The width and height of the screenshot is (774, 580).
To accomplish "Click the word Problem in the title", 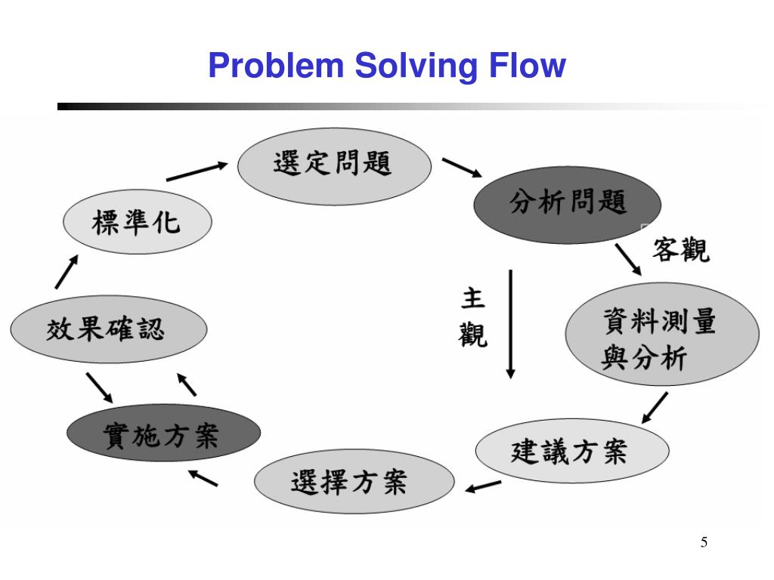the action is click(276, 65).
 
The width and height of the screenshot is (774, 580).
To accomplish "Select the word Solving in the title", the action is click(416, 66).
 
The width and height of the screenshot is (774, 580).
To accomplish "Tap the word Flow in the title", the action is click(527, 65).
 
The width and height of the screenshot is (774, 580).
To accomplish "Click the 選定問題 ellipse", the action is click(334, 166).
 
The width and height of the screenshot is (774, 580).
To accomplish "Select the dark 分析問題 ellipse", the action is click(567, 205).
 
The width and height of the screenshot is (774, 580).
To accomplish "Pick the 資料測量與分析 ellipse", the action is click(662, 334).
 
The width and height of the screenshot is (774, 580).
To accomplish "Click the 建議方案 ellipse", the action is click(572, 451).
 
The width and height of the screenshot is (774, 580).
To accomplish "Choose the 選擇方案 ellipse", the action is click(354, 481).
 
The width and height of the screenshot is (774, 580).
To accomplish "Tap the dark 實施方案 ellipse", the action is click(163, 433).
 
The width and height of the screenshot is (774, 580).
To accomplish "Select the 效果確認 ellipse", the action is click(109, 329).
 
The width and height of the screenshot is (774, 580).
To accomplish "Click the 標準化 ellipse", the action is click(138, 221).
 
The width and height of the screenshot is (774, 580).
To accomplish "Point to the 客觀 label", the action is click(681, 249).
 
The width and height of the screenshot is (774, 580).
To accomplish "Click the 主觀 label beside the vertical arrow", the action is click(472, 318).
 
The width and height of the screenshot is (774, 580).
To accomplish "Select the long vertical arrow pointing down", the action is click(511, 324).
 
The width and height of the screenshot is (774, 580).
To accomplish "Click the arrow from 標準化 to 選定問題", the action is click(197, 171).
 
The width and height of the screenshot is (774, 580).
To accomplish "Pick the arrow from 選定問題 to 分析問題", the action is click(462, 168).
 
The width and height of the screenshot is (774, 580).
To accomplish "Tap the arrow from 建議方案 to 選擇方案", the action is click(483, 486).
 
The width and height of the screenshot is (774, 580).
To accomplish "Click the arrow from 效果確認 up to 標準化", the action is click(67, 272).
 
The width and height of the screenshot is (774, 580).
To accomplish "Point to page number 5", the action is click(704, 542).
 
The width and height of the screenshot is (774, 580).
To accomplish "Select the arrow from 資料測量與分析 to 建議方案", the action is click(655, 408).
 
